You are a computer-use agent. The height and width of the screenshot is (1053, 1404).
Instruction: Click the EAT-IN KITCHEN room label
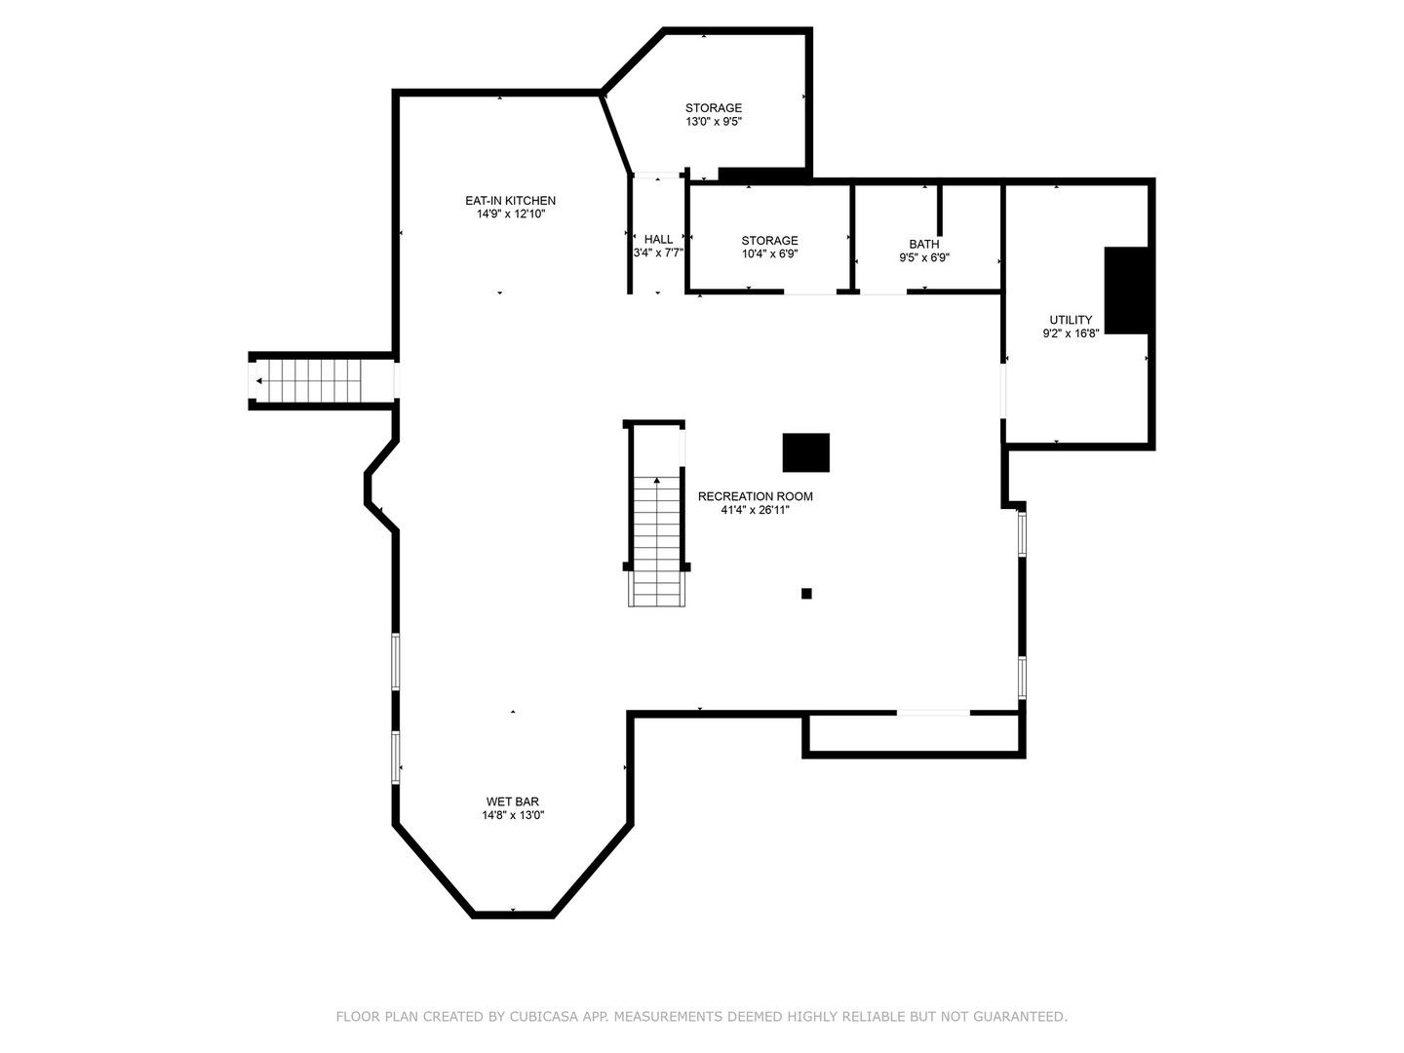click(510, 201)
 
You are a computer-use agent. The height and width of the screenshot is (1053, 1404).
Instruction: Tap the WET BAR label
click(513, 801)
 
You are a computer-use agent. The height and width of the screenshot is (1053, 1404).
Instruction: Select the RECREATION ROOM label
click(755, 496)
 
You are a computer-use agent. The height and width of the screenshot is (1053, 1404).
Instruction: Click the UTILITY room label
click(1071, 320)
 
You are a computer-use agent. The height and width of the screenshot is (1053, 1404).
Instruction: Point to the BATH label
click(924, 245)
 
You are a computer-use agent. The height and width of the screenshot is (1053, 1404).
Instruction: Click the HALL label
click(658, 240)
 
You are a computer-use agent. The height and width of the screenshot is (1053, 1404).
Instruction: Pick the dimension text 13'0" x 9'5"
click(714, 122)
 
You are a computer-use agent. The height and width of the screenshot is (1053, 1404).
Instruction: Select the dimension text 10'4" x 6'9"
click(769, 254)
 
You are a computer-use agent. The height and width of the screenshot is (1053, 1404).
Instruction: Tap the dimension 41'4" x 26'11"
click(755, 510)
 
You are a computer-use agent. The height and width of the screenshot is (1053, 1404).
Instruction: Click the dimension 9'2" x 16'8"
click(1071, 333)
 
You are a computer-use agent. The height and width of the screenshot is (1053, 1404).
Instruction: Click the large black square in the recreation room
click(806, 452)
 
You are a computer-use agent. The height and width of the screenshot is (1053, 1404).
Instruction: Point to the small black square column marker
click(806, 593)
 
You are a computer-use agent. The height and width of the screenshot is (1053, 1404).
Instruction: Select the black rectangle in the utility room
click(1127, 291)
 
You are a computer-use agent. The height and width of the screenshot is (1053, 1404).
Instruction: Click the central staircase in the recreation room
click(657, 536)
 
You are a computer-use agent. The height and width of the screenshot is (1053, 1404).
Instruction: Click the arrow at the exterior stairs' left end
click(258, 380)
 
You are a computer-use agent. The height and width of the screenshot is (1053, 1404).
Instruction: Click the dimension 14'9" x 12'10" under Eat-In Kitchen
click(510, 214)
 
